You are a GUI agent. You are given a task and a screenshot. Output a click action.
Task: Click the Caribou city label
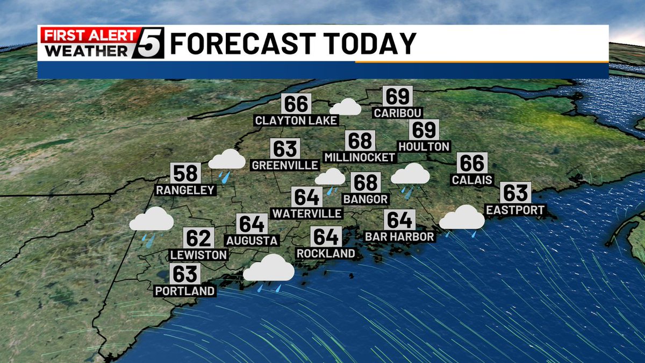[398, 113]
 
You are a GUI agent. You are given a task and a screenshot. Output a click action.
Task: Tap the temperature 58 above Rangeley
[185, 174]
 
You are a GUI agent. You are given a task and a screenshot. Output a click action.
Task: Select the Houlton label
[424, 146]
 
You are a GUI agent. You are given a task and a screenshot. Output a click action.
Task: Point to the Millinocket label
[360, 157]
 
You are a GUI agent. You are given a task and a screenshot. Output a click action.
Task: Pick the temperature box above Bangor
[366, 183]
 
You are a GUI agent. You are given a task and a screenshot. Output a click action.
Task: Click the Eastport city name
[515, 210]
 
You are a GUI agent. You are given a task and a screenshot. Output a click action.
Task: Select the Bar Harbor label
[399, 237]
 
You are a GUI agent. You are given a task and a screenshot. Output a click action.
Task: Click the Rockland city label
[326, 253]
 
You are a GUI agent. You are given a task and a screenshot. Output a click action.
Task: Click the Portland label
[185, 291]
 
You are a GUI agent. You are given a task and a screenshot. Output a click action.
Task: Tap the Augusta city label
[252, 240]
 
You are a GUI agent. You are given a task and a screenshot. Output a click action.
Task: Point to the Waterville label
[307, 213]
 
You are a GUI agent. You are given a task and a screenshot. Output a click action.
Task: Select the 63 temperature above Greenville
[285, 149]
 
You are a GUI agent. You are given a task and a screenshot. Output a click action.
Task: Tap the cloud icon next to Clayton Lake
[345, 106]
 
